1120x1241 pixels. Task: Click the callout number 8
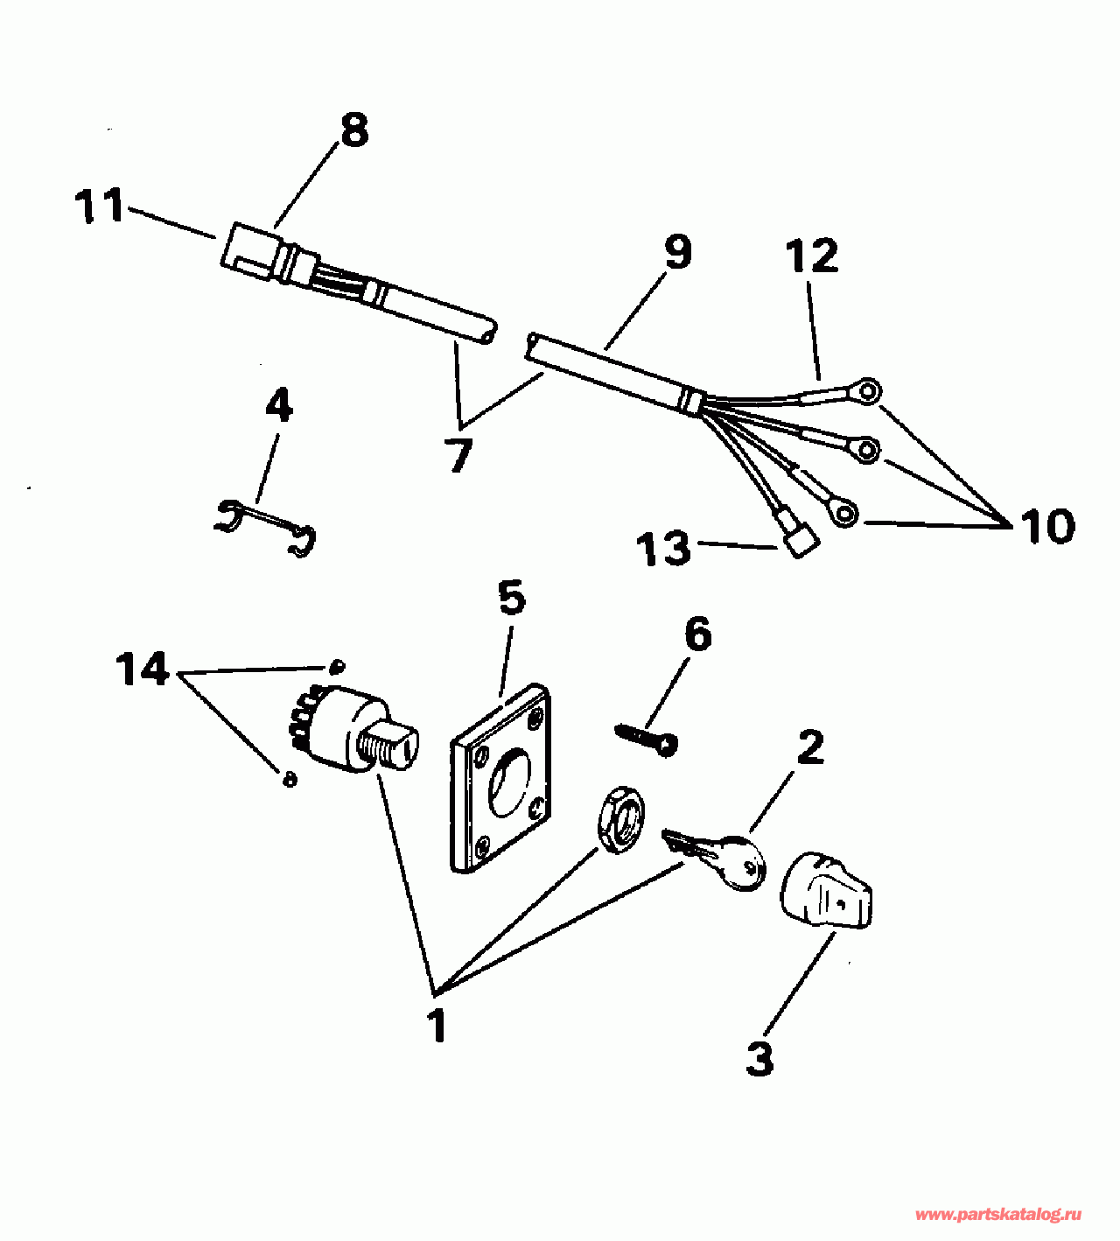point(354,131)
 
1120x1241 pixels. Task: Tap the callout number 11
point(100,207)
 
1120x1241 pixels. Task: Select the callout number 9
point(677,251)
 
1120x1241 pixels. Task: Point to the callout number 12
point(812,256)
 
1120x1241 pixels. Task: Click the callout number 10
point(1047,527)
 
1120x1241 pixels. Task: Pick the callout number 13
point(664,549)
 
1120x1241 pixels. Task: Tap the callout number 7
point(458,455)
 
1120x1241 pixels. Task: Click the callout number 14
point(142,670)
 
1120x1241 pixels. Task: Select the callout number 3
point(759,1057)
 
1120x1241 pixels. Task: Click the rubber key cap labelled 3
point(827,893)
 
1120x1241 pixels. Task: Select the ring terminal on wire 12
point(866,391)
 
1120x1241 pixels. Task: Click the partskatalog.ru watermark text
point(997,1215)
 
